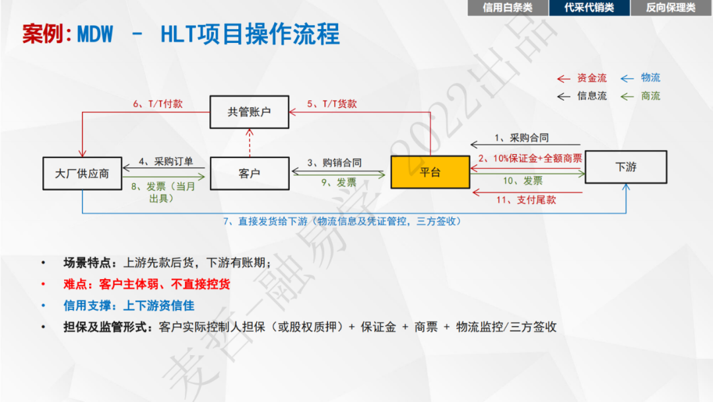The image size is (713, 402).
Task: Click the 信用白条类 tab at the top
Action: pyautogui.click(x=508, y=8)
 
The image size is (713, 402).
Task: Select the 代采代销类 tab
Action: pyautogui.click(x=589, y=8)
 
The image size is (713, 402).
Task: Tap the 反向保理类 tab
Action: pyautogui.click(x=671, y=8)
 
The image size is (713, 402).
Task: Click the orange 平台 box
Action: pyautogui.click(x=430, y=173)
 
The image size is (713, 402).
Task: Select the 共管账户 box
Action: pyautogui.click(x=250, y=112)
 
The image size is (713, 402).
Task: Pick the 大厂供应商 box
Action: pyautogui.click(x=82, y=174)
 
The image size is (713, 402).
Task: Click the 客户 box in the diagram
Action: pyautogui.click(x=250, y=173)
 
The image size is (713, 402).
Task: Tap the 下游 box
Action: pyautogui.click(x=626, y=167)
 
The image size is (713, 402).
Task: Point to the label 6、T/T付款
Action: pyautogui.click(x=158, y=104)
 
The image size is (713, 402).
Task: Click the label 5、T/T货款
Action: pyautogui.click(x=332, y=104)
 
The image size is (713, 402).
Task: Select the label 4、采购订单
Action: pyautogui.click(x=166, y=162)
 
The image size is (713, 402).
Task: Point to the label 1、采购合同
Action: pyautogui.click(x=522, y=138)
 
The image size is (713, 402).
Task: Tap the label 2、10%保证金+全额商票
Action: pyautogui.click(x=531, y=158)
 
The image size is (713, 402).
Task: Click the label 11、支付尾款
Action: pyautogui.click(x=526, y=200)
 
